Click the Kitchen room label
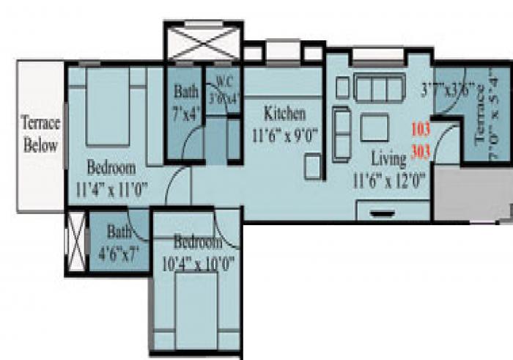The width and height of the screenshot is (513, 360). click(x=284, y=114)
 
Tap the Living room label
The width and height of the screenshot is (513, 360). click(x=388, y=157)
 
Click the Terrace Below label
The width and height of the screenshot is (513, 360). click(x=40, y=134)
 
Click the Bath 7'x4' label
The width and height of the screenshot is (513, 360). click(x=186, y=93)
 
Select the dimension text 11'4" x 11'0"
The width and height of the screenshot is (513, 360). click(x=112, y=188)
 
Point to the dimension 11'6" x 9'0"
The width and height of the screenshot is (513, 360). click(x=284, y=136)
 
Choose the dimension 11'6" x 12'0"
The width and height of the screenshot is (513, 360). click(x=388, y=178)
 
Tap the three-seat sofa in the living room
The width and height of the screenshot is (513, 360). click(x=380, y=89)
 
